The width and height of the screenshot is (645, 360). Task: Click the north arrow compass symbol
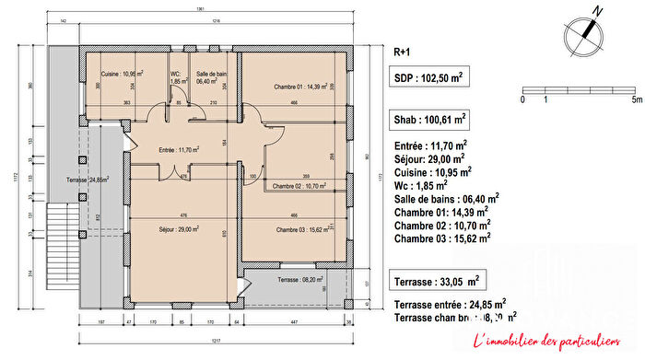coord(585,32)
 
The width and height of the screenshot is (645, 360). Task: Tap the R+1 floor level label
coord(402,52)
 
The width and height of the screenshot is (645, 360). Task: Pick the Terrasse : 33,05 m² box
coord(437,279)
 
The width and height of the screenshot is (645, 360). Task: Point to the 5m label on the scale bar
coord(635,98)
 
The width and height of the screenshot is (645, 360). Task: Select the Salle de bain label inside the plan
coord(212,77)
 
